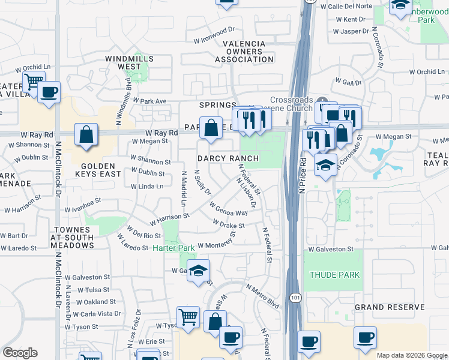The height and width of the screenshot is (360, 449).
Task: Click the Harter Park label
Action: [x=173, y=248]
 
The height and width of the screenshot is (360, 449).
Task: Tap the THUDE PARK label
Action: [x=334, y=275]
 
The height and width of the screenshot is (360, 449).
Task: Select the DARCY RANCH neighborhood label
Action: [x=228, y=158]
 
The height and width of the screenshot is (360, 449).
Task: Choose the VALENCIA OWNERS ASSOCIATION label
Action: [x=244, y=52]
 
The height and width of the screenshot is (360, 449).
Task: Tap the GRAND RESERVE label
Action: [x=390, y=307]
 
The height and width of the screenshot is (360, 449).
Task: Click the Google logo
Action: [x=20, y=353]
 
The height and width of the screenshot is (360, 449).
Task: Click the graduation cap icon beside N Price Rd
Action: [x=325, y=166]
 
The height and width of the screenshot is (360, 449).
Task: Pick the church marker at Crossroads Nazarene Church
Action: [x=323, y=100]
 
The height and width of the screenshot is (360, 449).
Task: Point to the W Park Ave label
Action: [x=149, y=101]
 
